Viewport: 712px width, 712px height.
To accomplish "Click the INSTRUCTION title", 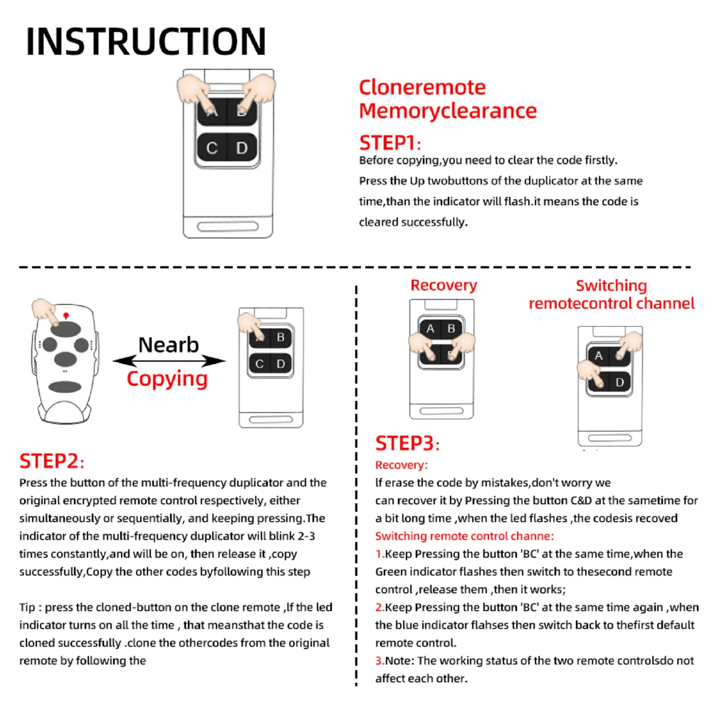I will pos(146,41).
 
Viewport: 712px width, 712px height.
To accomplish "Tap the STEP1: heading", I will pos(390,143).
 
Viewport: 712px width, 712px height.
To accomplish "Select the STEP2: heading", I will pos(52,461).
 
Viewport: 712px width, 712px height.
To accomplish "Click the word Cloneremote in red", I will pos(422,87).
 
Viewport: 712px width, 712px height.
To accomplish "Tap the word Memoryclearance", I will pos(448,111).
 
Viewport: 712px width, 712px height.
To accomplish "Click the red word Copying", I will pos(167,379).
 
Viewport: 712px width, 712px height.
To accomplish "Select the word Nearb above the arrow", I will pos(169,345).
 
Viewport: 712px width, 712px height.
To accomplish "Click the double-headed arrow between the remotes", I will pos(169,361).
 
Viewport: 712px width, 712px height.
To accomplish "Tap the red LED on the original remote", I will pos(66,316).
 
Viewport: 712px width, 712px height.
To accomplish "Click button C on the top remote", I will pos(212,148).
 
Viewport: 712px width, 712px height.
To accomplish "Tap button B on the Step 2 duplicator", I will pos(281,337).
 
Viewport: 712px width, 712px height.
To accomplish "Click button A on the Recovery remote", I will pos(430,328).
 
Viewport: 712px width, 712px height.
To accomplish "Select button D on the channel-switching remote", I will pos(619,382).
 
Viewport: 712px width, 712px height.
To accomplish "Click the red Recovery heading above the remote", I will pos(444,285).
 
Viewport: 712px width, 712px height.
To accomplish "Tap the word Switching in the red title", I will pos(611,285).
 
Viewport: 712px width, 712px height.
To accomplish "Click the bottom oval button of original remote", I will pos(65,387).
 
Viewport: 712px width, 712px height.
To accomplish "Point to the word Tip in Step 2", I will pos(27,607).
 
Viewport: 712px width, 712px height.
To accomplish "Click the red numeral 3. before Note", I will pos(380,661).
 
